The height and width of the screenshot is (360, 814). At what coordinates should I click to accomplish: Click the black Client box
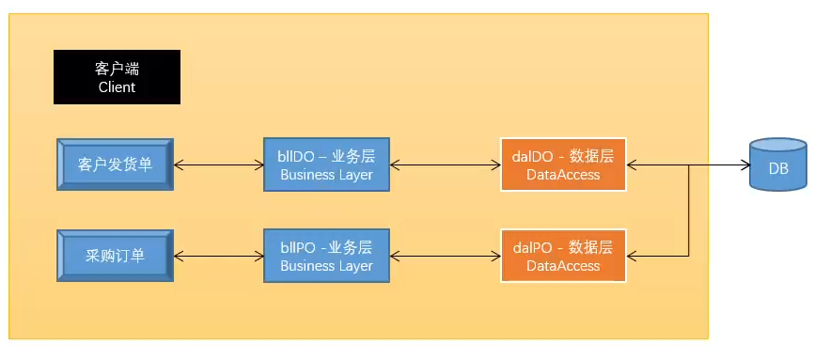point(117,77)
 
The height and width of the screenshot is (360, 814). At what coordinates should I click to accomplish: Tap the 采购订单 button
point(115,255)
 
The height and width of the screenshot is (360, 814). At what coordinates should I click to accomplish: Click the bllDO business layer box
point(326,164)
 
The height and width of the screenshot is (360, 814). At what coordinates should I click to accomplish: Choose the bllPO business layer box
point(326,255)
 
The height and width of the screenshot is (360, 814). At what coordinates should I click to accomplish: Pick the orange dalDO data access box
point(563,164)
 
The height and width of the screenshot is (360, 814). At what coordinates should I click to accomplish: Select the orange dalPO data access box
point(563,255)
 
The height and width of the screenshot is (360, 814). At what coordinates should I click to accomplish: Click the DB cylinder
point(778,165)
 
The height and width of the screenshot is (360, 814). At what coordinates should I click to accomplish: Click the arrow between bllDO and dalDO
point(445,165)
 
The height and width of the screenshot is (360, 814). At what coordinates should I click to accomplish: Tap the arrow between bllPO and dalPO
point(445,255)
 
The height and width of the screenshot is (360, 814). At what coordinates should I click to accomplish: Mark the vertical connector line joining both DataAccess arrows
point(691,211)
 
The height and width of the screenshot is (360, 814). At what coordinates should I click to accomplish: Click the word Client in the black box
point(117,87)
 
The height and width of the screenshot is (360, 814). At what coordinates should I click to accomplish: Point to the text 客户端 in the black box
point(117,69)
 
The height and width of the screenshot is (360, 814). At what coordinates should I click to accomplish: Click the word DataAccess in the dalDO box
point(563,175)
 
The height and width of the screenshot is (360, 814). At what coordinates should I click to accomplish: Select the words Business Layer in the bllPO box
point(326,266)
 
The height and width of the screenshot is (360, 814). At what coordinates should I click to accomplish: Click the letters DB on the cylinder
point(778,170)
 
